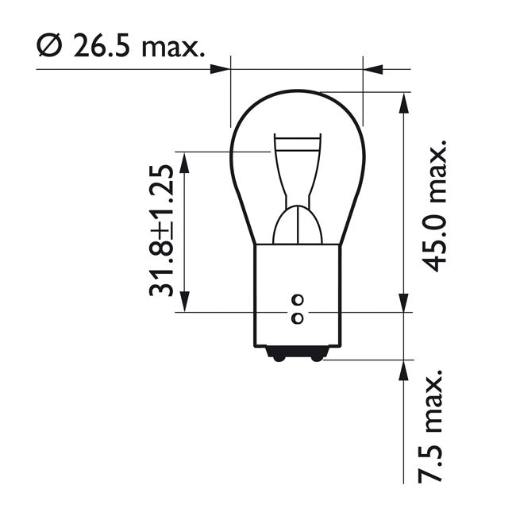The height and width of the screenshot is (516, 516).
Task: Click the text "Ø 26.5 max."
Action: coord(120,47)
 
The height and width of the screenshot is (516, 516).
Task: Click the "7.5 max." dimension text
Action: coord(435,426)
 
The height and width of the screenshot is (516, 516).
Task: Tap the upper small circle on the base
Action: coord(298,300)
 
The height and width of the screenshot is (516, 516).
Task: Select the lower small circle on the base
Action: coord(298,318)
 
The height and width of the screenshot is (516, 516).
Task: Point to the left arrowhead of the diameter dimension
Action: coord(220,69)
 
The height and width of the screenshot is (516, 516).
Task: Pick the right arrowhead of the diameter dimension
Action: coord(373,69)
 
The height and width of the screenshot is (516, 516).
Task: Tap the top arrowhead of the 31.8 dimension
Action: coord(184,162)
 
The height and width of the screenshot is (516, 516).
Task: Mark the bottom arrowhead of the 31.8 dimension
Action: coord(184,301)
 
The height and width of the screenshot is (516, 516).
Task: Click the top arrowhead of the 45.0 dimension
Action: coord(405,102)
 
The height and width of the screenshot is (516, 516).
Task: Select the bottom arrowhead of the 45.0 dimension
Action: coord(405,302)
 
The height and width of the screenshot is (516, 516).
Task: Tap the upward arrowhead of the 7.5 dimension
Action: coord(405,371)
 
